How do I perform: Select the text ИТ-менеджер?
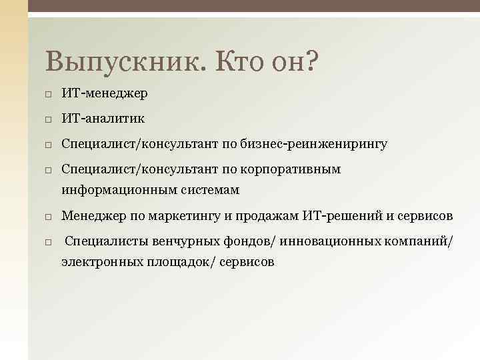105,93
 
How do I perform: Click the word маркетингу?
168,216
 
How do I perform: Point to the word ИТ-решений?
332,216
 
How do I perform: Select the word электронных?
99,263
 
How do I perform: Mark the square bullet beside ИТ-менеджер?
49,94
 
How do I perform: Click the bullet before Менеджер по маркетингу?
49,217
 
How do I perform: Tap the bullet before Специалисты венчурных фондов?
49,243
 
